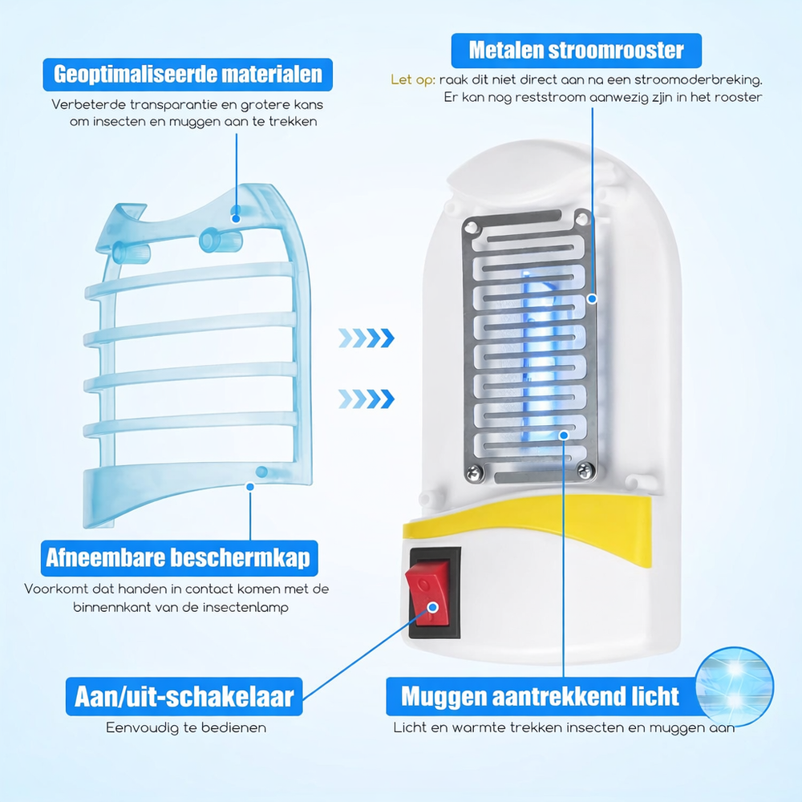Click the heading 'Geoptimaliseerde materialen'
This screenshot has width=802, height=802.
[188, 75]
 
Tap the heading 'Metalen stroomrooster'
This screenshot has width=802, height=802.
[577, 51]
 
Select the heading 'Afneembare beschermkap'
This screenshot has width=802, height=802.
[179, 558]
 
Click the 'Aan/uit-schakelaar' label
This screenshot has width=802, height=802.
[184, 697]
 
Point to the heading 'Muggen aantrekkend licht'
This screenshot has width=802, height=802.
[541, 697]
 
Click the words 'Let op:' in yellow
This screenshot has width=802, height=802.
[413, 79]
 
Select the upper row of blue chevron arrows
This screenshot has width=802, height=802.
[367, 338]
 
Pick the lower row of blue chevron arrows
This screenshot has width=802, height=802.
[367, 399]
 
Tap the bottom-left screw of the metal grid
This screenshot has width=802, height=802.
[475, 473]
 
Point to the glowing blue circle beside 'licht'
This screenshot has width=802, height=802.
[735, 687]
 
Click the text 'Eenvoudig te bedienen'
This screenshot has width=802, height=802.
[186, 728]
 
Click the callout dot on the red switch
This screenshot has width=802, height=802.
[433, 607]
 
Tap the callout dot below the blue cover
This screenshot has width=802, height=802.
[250, 487]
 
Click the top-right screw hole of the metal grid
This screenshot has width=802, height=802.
[581, 220]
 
